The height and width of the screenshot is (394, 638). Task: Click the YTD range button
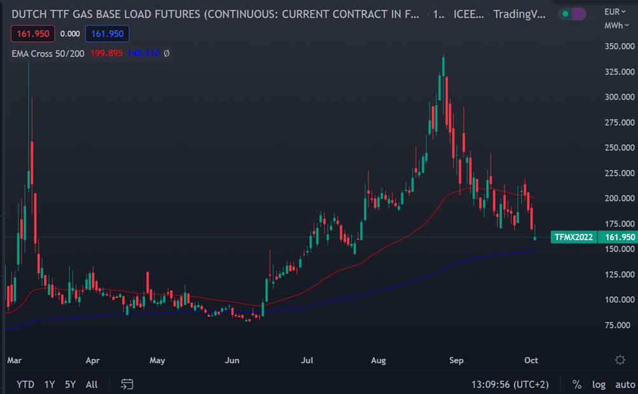pos(25,384)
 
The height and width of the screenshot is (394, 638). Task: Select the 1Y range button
pos(49,384)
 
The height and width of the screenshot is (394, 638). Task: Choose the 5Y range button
pos(70,384)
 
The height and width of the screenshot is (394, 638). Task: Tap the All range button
pos(92,384)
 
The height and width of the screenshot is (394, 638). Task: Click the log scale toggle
pos(599,384)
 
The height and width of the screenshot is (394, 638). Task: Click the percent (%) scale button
pos(577,384)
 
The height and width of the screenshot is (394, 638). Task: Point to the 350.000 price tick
pos(618,46)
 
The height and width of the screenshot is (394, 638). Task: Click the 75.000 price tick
pos(618,325)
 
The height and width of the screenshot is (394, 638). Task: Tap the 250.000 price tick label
pos(618,147)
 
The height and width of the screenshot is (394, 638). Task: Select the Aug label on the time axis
pos(378,360)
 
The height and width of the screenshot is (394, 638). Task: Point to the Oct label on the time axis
pos(531,360)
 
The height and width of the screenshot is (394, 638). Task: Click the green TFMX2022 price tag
pos(574,237)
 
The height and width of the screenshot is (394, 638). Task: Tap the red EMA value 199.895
pos(106,54)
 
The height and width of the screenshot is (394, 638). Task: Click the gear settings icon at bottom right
pos(620,360)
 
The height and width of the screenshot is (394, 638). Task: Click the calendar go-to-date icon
pos(127,384)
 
